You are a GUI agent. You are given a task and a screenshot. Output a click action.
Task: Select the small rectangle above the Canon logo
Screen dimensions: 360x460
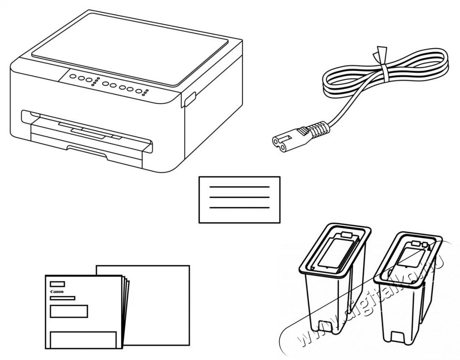pyautogui.click(x=58, y=284)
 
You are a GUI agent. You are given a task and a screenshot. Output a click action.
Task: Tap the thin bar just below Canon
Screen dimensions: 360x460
pyautogui.click(x=62, y=298)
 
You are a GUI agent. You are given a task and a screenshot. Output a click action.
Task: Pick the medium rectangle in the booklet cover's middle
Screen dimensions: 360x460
pyautogui.click(x=69, y=311)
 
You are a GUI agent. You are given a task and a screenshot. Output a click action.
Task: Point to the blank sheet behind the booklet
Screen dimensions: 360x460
pyautogui.click(x=161, y=305)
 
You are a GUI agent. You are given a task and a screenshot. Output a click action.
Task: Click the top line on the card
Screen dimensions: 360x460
pyautogui.click(x=240, y=187)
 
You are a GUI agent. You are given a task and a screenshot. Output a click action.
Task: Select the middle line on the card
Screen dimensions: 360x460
pyautogui.click(x=240, y=197)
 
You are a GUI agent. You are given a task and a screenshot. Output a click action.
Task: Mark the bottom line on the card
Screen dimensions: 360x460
pyautogui.click(x=240, y=207)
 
